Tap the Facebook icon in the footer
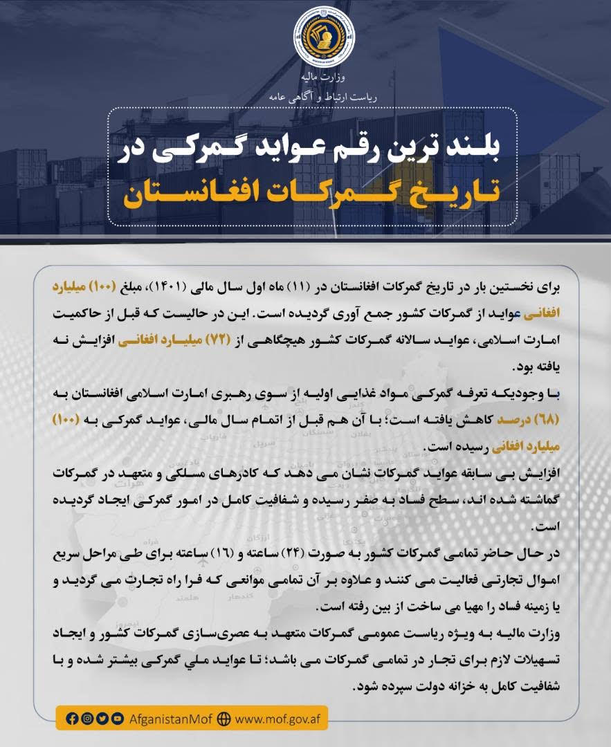[x=71, y=718]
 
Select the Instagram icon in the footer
[x=86, y=718]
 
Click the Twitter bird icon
[x=102, y=718]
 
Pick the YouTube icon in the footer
[x=117, y=718]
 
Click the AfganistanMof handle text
[x=171, y=718]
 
